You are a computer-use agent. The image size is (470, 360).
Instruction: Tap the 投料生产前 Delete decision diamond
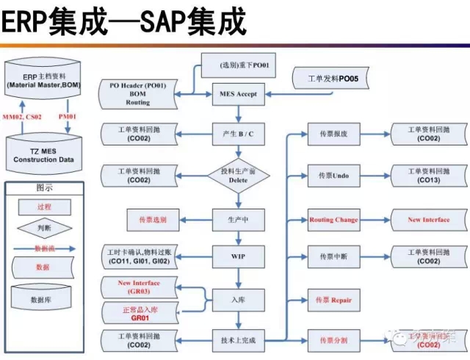coord(237,176)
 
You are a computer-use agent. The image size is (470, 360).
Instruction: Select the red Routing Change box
coord(333,220)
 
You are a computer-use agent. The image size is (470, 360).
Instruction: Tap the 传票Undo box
coord(333,176)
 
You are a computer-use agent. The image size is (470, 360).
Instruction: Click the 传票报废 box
coord(333,134)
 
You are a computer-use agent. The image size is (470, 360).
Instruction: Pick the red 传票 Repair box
coord(333,300)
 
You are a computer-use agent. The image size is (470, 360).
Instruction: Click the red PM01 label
coord(69,117)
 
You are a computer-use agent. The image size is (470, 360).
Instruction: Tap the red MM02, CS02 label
coord(22,117)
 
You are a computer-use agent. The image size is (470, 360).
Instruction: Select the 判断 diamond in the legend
coord(45,227)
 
